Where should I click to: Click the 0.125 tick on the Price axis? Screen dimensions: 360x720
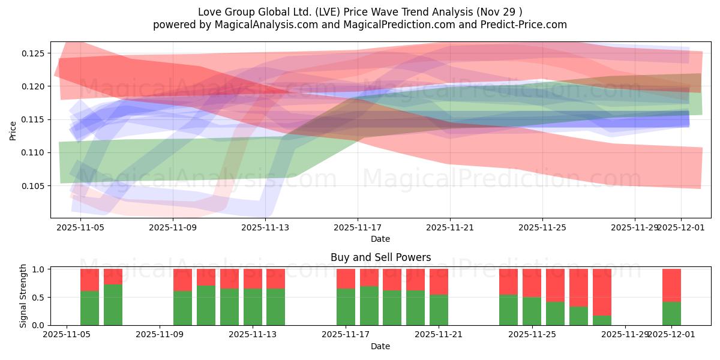pos(34,53)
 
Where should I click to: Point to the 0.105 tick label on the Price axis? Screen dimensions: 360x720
pos(34,186)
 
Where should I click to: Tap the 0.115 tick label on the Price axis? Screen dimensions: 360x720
pos(34,119)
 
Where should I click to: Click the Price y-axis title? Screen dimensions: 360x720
pos(13,130)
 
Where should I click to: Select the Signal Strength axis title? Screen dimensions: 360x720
pos(23,296)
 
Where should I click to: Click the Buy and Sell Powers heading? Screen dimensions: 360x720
pos(380,257)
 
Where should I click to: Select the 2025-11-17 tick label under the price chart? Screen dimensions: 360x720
pos(358,228)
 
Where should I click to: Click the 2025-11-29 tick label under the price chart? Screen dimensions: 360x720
pos(634,228)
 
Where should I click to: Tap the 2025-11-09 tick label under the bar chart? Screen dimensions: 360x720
pos(160,334)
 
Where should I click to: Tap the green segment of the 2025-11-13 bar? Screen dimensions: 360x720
pos(253,307)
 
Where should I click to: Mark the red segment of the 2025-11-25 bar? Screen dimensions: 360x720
pos(532,283)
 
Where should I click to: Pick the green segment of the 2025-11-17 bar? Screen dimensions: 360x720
pos(346,307)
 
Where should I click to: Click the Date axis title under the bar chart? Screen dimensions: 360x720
pos(380,346)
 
